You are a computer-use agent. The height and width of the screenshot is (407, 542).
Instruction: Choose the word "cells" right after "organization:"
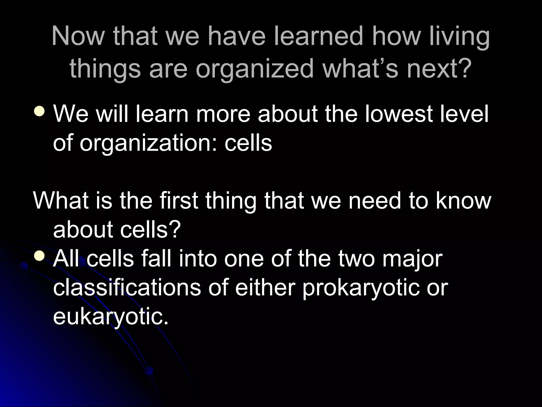[x=248, y=143]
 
